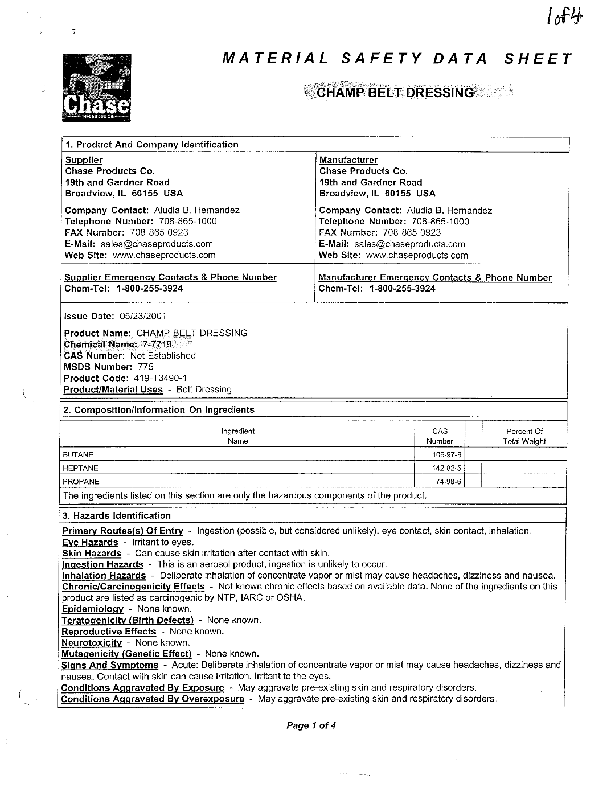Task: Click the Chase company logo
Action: (97, 87)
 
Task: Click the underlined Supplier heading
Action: (84, 160)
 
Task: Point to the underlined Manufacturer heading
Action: (348, 160)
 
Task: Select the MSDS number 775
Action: (146, 367)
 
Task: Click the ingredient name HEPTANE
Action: (80, 468)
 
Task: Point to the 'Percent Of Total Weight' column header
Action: (524, 436)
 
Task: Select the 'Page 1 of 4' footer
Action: (311, 725)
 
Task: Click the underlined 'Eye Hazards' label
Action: (90, 542)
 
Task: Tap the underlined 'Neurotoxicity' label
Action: (92, 642)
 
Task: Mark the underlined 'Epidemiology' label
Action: (92, 609)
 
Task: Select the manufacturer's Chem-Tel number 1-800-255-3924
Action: (402, 289)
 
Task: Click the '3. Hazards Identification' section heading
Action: (117, 515)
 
